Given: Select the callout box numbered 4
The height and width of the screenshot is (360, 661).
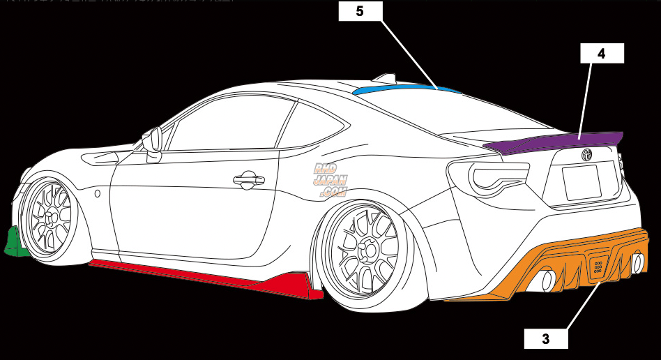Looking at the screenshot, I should tap(602, 53).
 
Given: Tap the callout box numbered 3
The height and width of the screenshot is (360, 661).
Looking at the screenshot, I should tap(546, 339).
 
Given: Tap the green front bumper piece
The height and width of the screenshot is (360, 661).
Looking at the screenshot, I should tap(14, 243).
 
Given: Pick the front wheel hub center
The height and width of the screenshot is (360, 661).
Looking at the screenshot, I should tap(50, 218).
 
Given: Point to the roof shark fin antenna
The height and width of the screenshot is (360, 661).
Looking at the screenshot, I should tap(385, 78).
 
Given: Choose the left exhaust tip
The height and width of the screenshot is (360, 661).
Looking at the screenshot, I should tap(547, 280).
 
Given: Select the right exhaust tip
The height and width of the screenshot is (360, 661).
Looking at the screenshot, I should tap(637, 263).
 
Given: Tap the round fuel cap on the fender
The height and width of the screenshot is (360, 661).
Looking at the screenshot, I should tap(97, 193).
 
